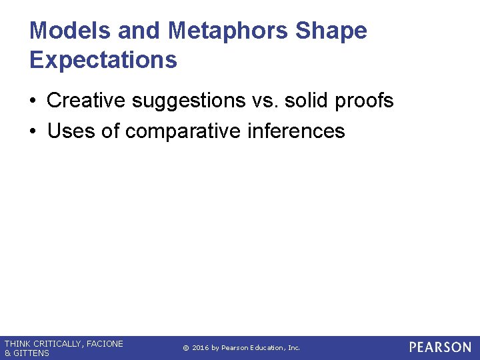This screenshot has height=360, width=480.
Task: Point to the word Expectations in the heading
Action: pos(103,60)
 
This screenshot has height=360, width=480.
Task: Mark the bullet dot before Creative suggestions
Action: pos(33,101)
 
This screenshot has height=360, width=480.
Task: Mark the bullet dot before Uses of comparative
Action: pos(33,131)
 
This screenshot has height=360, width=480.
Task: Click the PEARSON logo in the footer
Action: pos(440,347)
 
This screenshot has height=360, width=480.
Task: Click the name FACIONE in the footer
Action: pos(105,344)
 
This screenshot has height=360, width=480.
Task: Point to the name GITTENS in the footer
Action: pos(32,353)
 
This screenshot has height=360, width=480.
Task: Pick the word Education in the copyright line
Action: pos(267,348)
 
